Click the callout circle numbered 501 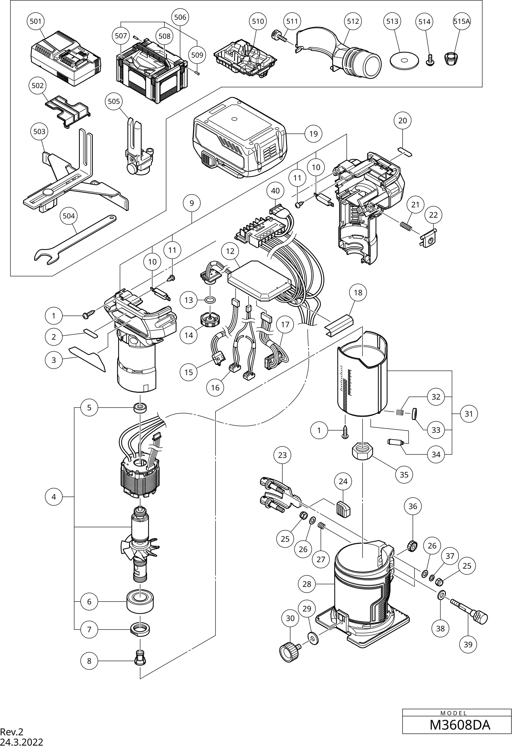pos(36,21)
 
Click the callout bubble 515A pos(462,21)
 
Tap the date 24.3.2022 pos(22,741)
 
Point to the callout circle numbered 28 pos(307,584)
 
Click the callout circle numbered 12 pos(230,251)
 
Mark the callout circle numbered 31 pos(468,414)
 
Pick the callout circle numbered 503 pos(39,132)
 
